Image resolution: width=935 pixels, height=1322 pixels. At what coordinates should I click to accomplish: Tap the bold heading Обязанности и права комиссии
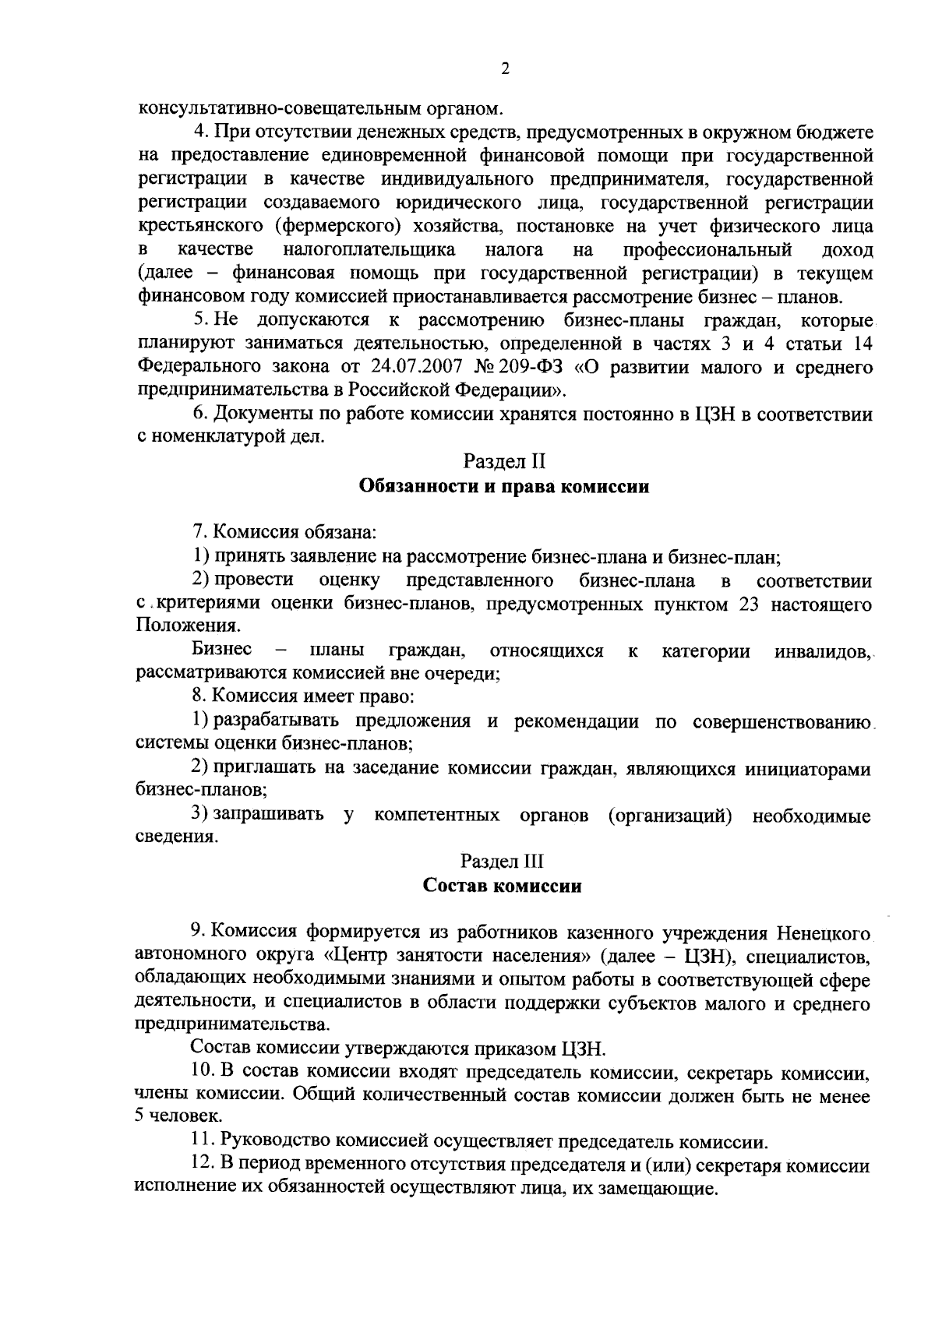[504, 487]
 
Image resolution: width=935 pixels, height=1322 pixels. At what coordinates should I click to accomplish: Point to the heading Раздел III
[503, 862]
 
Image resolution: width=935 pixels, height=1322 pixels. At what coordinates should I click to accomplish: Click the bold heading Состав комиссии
[503, 886]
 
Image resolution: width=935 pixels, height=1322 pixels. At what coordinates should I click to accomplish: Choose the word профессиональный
[707, 250]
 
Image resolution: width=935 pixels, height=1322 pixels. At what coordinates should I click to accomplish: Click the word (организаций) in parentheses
[669, 816]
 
